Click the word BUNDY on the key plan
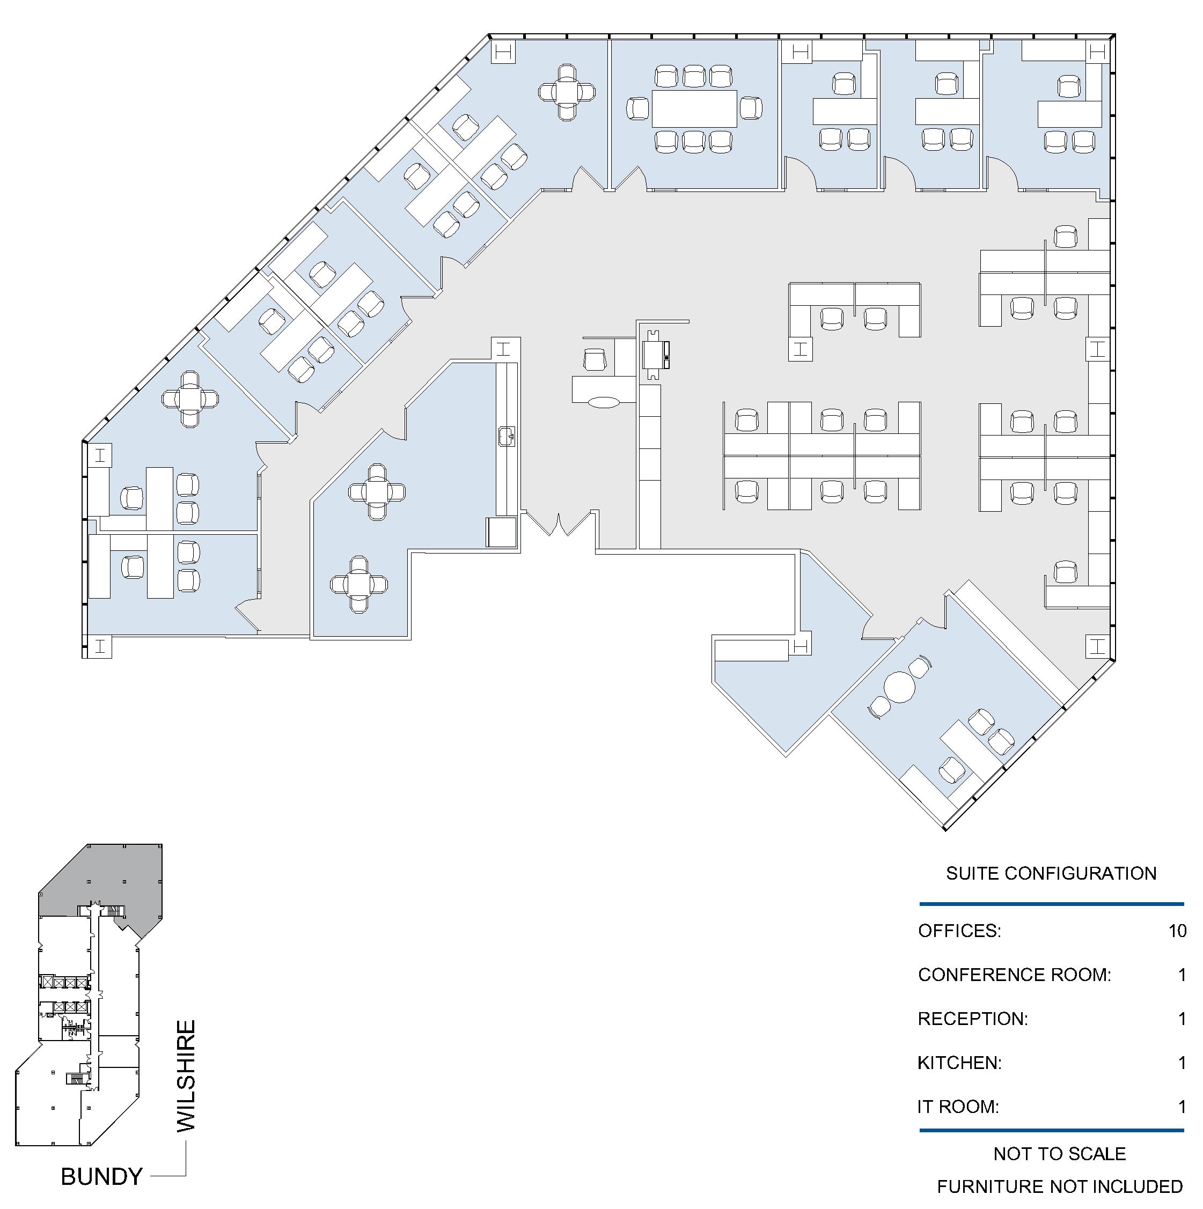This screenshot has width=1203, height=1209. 101,1176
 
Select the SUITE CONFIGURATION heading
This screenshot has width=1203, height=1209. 1051,874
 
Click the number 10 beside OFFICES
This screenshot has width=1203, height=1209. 1177,931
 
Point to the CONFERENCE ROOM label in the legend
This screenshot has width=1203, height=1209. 1014,975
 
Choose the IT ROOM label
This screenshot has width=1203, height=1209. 958,1107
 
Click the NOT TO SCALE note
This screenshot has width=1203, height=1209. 1060,1154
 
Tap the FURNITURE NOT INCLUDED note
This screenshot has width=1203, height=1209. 1060,1186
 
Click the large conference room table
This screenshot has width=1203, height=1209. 695,109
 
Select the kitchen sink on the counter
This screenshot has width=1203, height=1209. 507,436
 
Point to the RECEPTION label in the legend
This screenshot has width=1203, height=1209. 973,1019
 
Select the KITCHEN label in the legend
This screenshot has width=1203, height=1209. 959,1063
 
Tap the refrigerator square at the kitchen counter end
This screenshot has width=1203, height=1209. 502,532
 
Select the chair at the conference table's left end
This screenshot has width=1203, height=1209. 639,108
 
